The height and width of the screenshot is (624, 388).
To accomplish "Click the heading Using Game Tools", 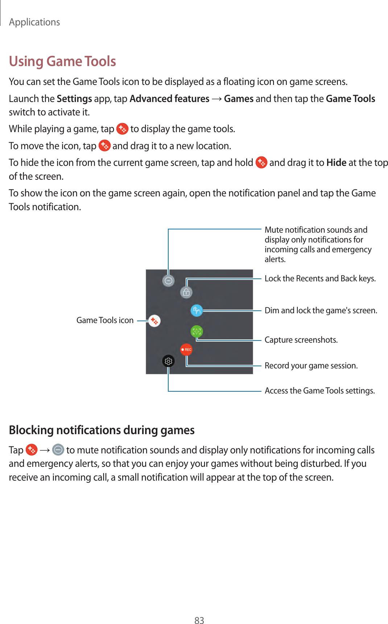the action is click(x=62, y=61).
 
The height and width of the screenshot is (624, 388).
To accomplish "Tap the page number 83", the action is click(x=199, y=620).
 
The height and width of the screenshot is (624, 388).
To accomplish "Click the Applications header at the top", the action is click(x=34, y=22).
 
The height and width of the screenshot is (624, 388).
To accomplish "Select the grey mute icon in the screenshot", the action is click(x=168, y=281).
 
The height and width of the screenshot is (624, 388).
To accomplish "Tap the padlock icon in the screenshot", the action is click(x=186, y=292).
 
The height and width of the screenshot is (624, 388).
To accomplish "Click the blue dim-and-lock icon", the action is click(x=197, y=310).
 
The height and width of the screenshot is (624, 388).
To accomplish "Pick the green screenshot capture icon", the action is click(x=197, y=331).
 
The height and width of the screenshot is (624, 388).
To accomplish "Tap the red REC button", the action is click(x=186, y=350).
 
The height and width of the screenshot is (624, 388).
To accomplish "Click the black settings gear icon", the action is click(x=168, y=361).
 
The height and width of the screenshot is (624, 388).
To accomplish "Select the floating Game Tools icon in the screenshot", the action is click(x=154, y=321).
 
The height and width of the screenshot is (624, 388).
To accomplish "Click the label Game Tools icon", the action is click(x=105, y=320).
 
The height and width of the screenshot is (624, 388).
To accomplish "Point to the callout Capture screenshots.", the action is click(x=301, y=340).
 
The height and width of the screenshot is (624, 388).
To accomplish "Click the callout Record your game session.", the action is click(x=311, y=366).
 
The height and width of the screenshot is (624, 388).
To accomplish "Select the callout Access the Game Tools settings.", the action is click(x=319, y=391).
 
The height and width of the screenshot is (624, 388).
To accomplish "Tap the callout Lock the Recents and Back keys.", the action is click(x=320, y=278).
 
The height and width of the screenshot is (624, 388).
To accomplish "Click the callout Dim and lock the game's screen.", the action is click(x=321, y=310).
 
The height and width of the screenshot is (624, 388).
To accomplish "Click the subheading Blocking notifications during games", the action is click(x=102, y=430).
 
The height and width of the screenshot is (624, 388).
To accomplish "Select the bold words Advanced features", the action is click(x=169, y=99).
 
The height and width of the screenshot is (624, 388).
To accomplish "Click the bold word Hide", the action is click(x=336, y=163).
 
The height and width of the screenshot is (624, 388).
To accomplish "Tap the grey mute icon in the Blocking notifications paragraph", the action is click(x=58, y=450).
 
